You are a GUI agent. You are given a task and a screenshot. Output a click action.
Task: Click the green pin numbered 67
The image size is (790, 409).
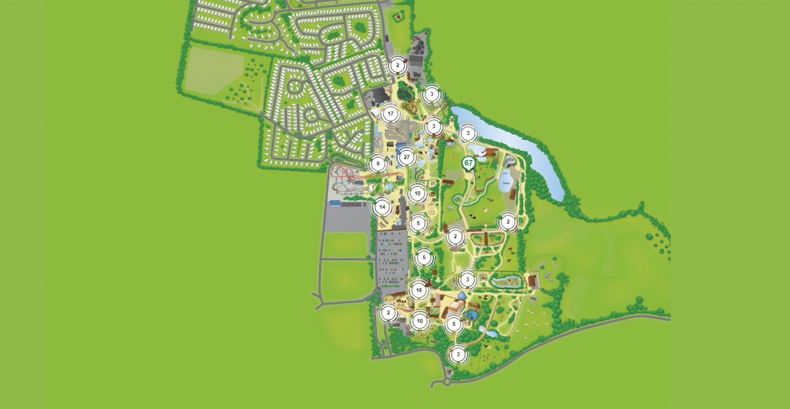point(468,163)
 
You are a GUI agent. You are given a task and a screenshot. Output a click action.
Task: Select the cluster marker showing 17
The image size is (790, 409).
point(390,114)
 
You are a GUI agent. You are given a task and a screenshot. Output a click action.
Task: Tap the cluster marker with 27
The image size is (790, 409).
point(406,157)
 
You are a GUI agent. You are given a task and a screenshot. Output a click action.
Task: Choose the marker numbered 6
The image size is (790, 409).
point(378,164)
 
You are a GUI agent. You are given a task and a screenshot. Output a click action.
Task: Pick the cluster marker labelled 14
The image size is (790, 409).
point(382,207)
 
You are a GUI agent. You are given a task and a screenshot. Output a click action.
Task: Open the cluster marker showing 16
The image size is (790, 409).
point(419,290)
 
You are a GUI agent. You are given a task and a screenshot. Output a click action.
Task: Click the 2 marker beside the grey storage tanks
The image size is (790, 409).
point(397,66)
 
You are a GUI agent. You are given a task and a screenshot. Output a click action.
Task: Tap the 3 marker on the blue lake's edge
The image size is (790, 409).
point(468,133)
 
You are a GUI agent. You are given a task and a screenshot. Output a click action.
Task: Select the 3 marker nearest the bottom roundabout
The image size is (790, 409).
point(458,354)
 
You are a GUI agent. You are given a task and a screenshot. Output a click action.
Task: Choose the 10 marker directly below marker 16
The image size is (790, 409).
point(420,321)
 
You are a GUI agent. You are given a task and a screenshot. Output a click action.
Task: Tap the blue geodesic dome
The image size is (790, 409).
point(462,296)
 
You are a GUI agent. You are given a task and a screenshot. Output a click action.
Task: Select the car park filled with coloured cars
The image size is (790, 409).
point(392,260)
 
